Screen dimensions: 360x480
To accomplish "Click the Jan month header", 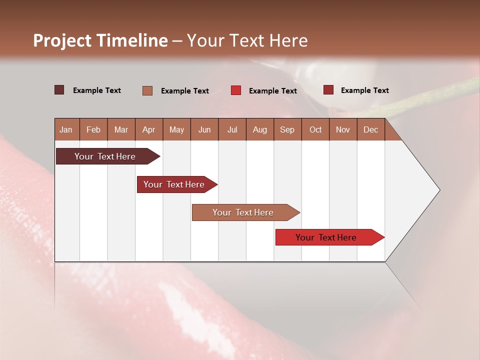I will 66,129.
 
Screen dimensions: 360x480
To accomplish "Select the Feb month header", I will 93,129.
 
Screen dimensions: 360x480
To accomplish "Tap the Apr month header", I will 149,129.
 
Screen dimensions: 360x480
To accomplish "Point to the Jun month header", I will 204,129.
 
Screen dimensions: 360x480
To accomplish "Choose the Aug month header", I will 260,129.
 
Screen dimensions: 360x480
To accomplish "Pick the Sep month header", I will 287,129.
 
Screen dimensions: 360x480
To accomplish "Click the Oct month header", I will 315,129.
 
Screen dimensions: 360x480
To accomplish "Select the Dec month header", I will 371,129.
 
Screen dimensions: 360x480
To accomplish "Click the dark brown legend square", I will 59,90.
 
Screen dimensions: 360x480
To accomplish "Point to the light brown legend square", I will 147,90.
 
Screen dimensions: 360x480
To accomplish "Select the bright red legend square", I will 236,90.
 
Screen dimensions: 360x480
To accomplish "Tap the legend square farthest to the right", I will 328,90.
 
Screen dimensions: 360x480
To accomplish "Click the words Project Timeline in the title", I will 100,40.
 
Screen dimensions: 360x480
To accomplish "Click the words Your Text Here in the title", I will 247,40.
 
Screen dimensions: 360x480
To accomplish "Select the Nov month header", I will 343,129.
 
